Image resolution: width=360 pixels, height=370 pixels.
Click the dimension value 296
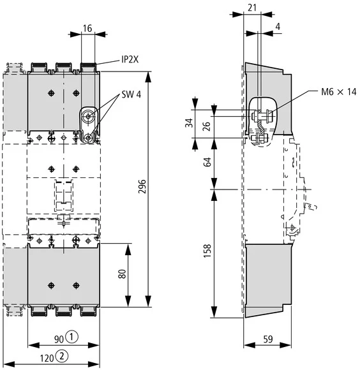click(x=142, y=186)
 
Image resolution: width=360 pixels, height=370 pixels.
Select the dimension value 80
click(x=121, y=276)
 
